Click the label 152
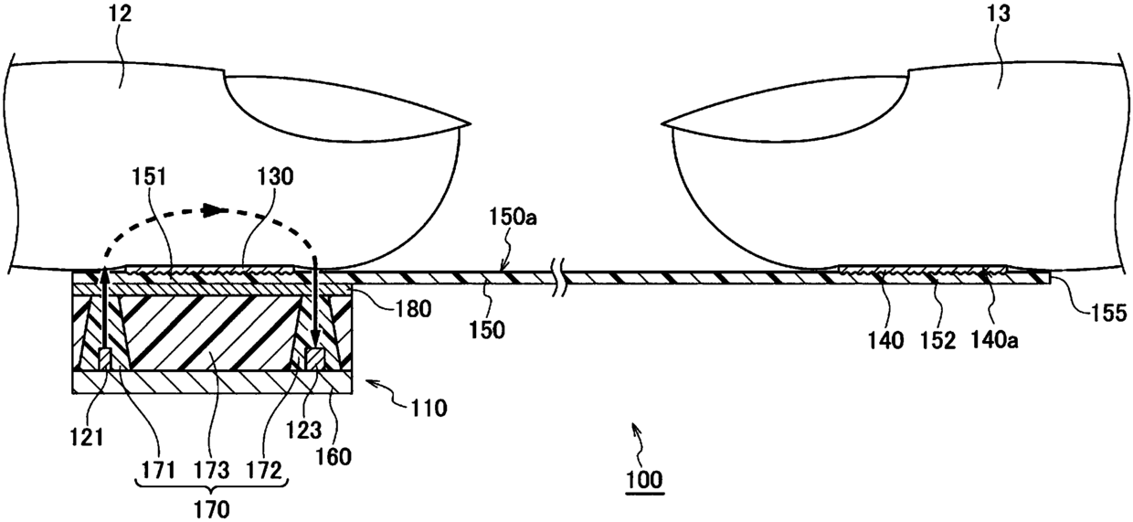pos(939,341)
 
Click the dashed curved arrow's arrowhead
pos(215,209)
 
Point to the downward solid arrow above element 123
pos(313,306)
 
